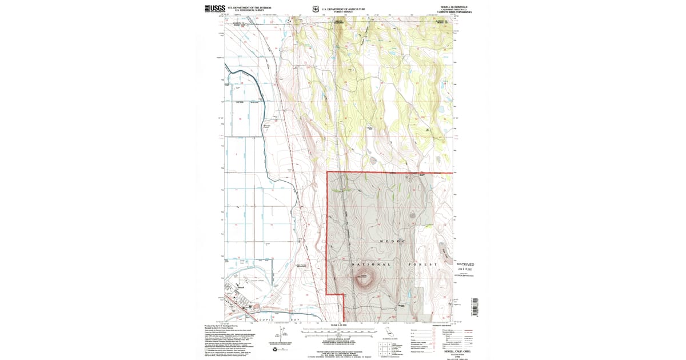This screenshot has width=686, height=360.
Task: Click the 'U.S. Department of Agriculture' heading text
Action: pos(342,8)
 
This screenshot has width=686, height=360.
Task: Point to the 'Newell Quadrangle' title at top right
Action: pos(454,7)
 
